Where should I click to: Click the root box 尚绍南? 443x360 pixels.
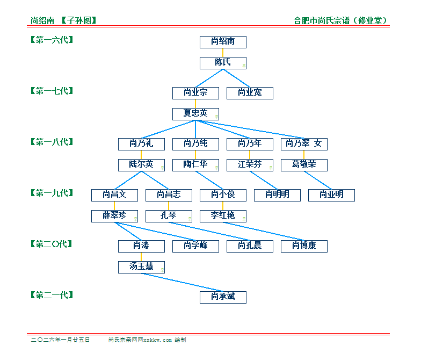tap(223, 42)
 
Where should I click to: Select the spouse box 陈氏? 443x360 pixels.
tap(223, 63)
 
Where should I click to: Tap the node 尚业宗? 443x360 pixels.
tap(195, 93)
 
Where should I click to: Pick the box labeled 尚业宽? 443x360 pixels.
tap(250, 93)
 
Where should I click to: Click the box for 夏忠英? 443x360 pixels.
tap(195, 114)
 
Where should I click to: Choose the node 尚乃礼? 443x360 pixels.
tap(141, 144)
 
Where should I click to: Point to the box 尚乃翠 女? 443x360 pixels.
tap(304, 144)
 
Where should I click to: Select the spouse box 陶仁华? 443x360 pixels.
tap(195, 165)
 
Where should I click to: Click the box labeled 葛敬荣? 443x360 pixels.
tap(304, 165)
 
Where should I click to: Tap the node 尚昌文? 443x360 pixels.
tap(114, 195)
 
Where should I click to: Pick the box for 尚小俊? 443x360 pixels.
tap(223, 195)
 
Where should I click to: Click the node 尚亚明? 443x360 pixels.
tap(331, 195)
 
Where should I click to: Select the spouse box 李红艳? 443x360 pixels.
tap(223, 216)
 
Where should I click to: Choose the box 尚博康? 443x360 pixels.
tap(304, 246)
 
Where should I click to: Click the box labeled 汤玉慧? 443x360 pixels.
tap(141, 267)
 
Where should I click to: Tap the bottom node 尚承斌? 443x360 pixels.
tap(223, 297)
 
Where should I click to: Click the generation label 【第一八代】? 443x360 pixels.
tap(52, 142)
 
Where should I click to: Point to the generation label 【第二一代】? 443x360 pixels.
tap(52, 295)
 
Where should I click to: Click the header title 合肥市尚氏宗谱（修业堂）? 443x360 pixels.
tap(341, 21)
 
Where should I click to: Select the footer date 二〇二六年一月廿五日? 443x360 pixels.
tap(61, 340)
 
